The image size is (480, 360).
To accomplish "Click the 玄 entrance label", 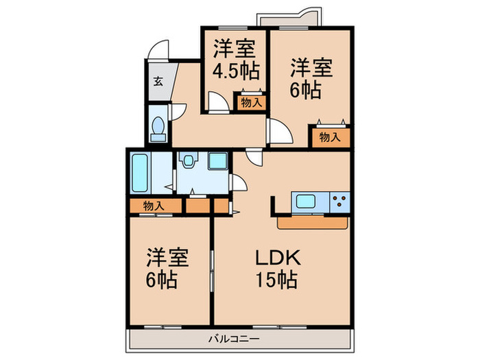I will pos(158,82).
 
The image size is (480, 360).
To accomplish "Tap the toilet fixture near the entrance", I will pos(158,128).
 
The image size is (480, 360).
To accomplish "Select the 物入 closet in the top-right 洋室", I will pos(330,136).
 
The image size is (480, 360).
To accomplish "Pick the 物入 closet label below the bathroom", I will pos(154,206).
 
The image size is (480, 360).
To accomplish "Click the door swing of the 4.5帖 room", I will pos(219,103).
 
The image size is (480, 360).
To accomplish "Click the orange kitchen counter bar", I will pos(313,223).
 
